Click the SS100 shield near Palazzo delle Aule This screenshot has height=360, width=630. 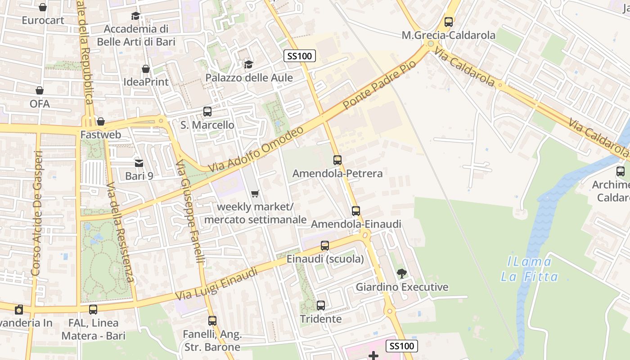[300, 56]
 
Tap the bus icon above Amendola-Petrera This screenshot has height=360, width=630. [337, 160]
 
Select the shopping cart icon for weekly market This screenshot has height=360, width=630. [255, 193]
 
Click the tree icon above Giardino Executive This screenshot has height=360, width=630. [401, 273]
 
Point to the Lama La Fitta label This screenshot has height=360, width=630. [529, 269]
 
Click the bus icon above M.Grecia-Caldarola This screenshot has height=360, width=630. [448, 22]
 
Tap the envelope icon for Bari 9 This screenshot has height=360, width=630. [139, 163]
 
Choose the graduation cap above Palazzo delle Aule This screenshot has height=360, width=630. [248, 64]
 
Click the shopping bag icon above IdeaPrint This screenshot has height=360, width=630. [145, 69]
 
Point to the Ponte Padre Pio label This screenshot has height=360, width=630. [379, 85]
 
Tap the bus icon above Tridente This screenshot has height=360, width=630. [321, 306]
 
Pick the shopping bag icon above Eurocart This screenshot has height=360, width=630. [43, 7]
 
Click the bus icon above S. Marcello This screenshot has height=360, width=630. [207, 111]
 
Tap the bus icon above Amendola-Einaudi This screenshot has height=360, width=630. [356, 211]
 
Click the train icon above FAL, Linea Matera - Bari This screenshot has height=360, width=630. [93, 310]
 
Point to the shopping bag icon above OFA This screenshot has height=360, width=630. [40, 90]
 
